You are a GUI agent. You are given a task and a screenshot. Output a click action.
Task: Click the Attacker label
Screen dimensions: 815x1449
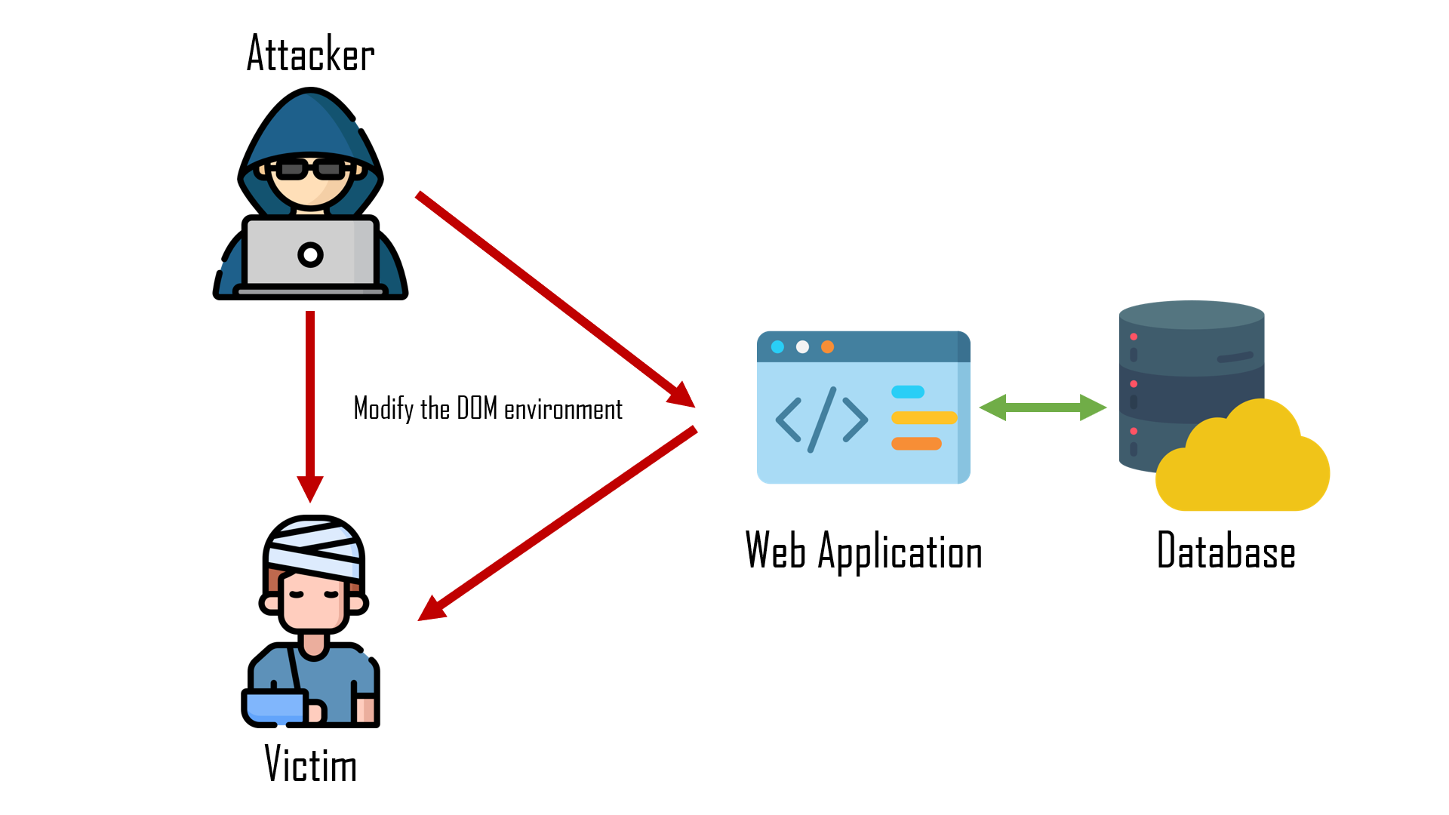[x=310, y=54]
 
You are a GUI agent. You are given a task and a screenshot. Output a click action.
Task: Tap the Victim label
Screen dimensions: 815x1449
[x=310, y=764]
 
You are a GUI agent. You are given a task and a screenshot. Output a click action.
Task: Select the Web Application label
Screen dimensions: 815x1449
[x=863, y=552]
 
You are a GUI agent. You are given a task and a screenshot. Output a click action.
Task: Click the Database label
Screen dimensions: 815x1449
[x=1226, y=551]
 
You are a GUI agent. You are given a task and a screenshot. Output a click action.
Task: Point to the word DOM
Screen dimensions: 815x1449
[x=477, y=408]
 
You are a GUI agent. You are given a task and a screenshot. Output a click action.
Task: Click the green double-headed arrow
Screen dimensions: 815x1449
[x=1042, y=407]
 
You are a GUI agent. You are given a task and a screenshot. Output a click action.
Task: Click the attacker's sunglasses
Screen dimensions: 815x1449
[x=310, y=170]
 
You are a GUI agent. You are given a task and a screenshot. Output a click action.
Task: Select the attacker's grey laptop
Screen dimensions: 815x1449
[x=310, y=253]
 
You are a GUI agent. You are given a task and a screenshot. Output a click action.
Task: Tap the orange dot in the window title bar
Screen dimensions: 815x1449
[x=827, y=347]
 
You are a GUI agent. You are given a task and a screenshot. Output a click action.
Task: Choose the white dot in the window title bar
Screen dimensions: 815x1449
[x=802, y=347]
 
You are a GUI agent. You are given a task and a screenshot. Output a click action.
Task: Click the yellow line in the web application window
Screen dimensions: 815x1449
[x=924, y=418]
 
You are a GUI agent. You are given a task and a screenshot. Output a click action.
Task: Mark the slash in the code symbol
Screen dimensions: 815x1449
[x=822, y=420]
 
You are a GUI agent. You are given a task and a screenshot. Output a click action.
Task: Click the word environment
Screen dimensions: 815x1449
[x=563, y=410]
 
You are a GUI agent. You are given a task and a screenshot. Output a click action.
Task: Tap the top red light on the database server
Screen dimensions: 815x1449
[x=1134, y=337]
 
